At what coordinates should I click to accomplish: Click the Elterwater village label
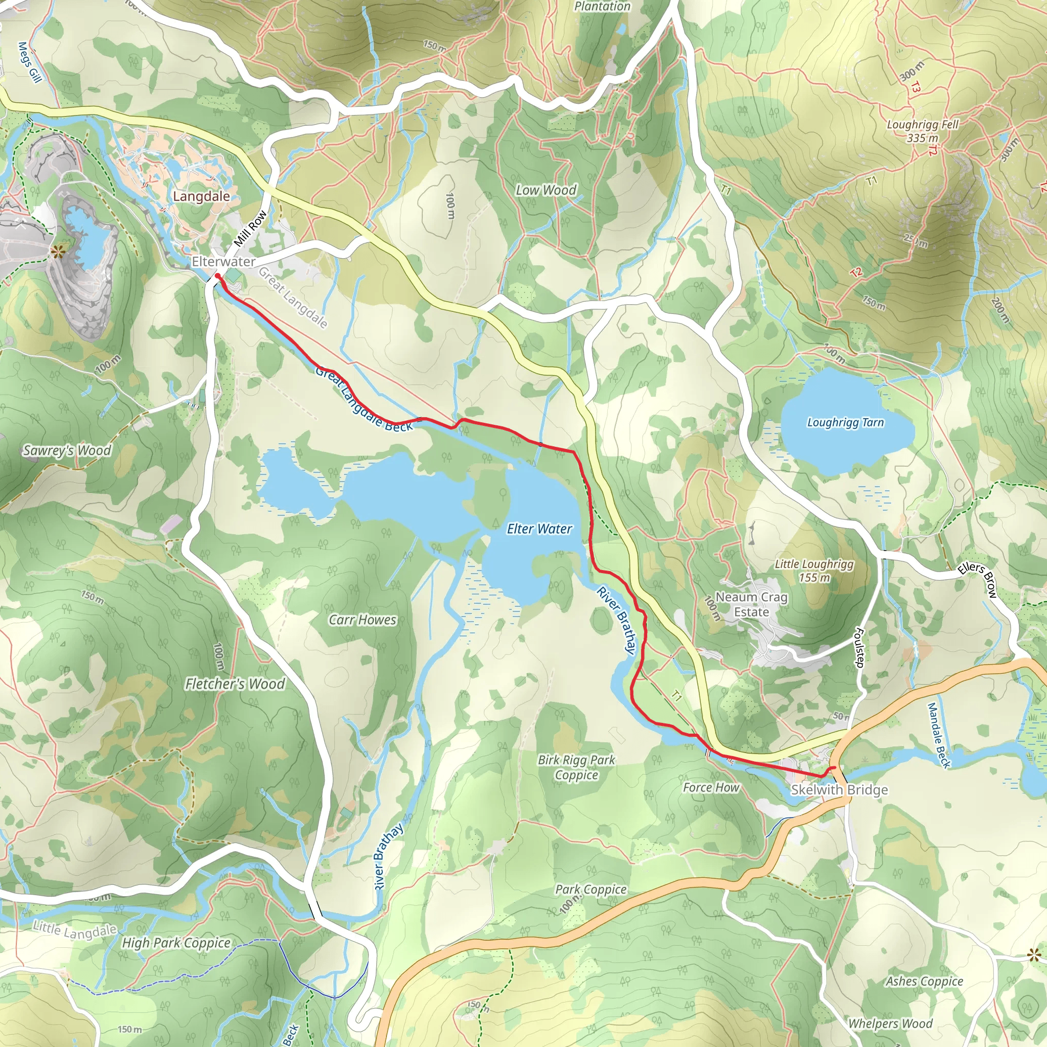223,262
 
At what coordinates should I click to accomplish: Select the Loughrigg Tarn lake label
845,422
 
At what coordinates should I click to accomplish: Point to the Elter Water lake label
539,529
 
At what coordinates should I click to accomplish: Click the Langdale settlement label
201,196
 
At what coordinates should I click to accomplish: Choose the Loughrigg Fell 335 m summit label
922,130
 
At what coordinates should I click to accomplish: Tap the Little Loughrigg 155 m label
813,570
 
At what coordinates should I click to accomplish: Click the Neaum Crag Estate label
751,604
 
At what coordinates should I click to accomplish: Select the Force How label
711,787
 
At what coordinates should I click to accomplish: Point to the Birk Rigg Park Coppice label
576,767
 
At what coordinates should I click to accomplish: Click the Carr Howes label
362,620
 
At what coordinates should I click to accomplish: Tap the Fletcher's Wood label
235,684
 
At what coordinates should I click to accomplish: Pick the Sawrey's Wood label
66,450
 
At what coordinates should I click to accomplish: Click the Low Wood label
545,190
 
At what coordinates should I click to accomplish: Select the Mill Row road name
250,228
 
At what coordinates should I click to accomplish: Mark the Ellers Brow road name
976,579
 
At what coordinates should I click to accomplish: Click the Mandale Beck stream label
939,735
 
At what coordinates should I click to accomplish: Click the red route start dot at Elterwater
217,276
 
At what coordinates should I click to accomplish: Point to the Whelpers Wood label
890,1023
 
